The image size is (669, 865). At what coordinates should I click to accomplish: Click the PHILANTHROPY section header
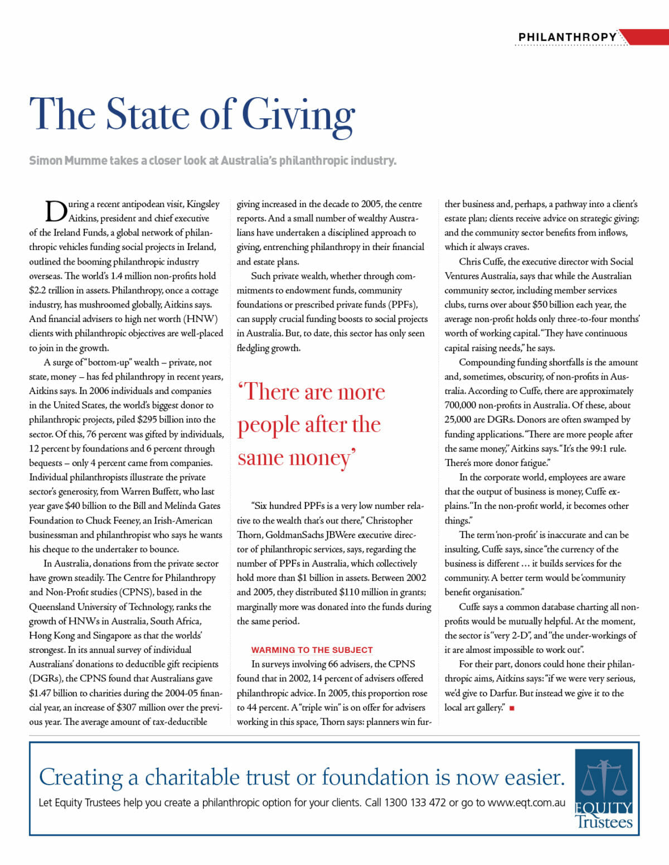click(567, 37)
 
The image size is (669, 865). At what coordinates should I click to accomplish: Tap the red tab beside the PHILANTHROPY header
click(647, 37)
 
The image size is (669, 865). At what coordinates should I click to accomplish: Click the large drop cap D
click(56, 212)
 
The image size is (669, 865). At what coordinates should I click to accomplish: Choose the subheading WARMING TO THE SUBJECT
click(312, 650)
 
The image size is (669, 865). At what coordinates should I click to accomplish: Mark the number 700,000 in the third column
click(464, 405)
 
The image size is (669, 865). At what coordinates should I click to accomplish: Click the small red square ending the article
click(512, 708)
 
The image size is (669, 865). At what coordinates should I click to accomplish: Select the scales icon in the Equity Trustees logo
click(604, 778)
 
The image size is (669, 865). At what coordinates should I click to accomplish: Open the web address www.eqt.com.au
click(526, 802)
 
